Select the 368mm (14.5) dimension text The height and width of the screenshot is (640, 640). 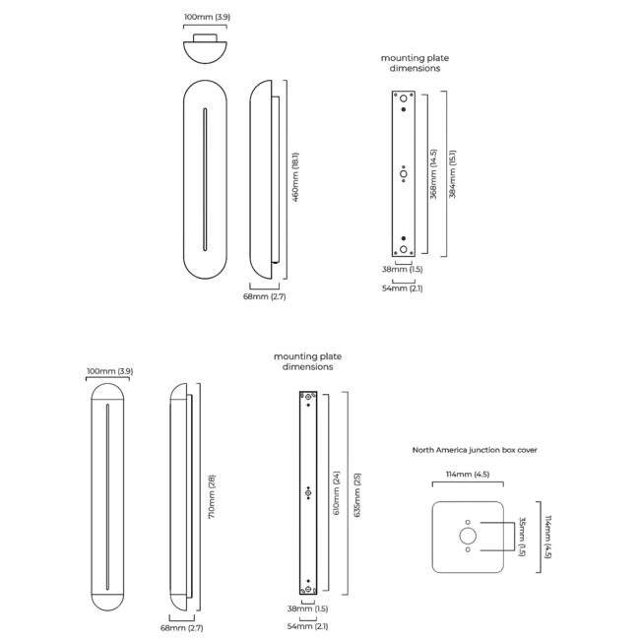click(433, 174)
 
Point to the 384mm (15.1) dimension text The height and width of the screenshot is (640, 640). click(453, 174)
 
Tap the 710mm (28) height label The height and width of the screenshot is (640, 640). click(212, 497)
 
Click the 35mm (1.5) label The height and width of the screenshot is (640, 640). click(522, 537)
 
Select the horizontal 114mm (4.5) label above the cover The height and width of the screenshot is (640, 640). click(468, 475)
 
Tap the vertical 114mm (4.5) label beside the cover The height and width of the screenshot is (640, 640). click(548, 537)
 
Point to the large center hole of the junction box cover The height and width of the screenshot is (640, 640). click(468, 537)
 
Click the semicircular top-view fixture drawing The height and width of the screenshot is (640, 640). click(206, 47)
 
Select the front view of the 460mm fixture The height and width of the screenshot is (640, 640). click(206, 180)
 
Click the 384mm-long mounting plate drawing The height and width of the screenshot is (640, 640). click(404, 174)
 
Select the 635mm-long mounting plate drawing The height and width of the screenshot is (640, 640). click(308, 492)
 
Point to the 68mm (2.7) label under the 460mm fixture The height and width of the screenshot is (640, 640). click(265, 295)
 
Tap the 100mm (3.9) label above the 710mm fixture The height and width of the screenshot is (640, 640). click(108, 371)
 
